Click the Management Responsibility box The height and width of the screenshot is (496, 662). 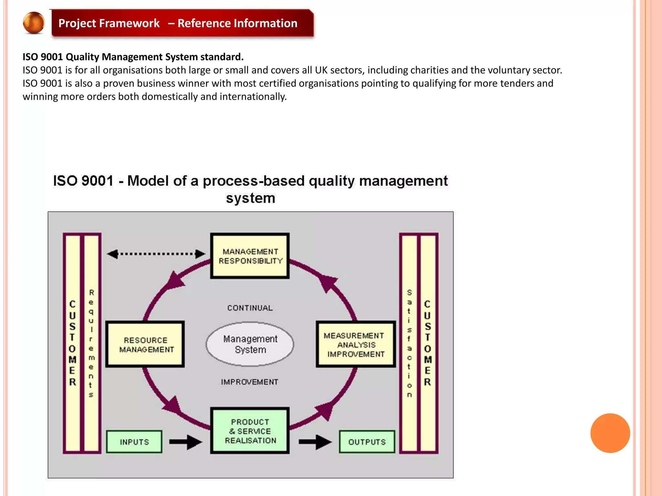(250, 256)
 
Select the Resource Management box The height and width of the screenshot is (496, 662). (145, 344)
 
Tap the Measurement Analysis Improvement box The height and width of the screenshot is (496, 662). (356, 344)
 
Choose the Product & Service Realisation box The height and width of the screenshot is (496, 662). (250, 431)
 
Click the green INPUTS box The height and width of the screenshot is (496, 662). (134, 442)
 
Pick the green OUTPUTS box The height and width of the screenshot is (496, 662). (367, 442)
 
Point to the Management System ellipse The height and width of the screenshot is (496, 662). (250, 344)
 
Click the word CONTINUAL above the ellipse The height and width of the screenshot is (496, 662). (250, 308)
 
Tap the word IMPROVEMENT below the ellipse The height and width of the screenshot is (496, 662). (250, 382)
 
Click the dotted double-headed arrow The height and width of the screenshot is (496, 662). (156, 254)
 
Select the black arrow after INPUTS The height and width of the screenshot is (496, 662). (186, 442)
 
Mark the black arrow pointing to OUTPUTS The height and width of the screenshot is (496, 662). (315, 442)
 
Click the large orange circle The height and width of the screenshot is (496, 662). (610, 433)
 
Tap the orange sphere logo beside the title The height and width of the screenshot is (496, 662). (34, 23)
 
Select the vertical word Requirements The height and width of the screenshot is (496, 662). (91, 344)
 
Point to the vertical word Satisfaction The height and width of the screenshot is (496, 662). (409, 344)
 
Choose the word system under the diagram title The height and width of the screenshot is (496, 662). (251, 198)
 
